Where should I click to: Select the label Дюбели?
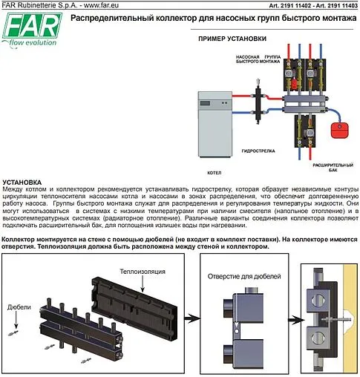pyautogui.click(x=19, y=305)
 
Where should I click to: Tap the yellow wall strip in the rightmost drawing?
pyautogui.click(x=348, y=319)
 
